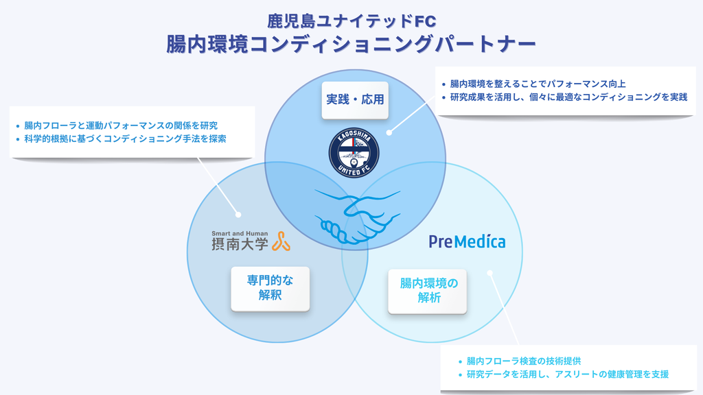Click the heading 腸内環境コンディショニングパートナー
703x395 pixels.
click(351, 45)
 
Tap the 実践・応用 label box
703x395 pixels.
click(354, 100)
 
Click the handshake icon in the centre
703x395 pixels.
click(354, 215)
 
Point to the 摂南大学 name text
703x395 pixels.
click(240, 243)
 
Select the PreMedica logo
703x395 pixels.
click(467, 241)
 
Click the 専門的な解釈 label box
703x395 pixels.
click(270, 289)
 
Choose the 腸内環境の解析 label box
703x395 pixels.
click(428, 291)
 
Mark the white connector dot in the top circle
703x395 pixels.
click(389, 133)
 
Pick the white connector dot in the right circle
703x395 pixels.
click(490, 273)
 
